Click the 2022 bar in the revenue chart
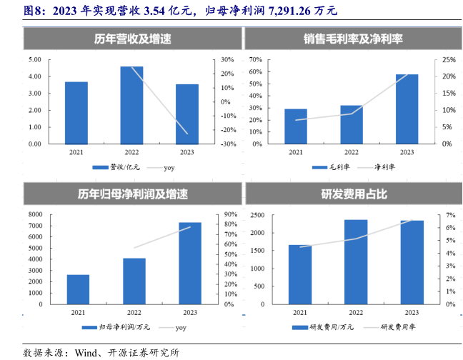pos(131,105)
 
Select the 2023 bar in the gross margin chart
pos(407,109)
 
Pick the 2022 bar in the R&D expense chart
pos(355,261)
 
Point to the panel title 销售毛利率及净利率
pos(352,39)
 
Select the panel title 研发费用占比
pos(352,194)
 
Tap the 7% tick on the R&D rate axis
pos(450,214)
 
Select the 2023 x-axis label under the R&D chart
pos(412,312)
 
